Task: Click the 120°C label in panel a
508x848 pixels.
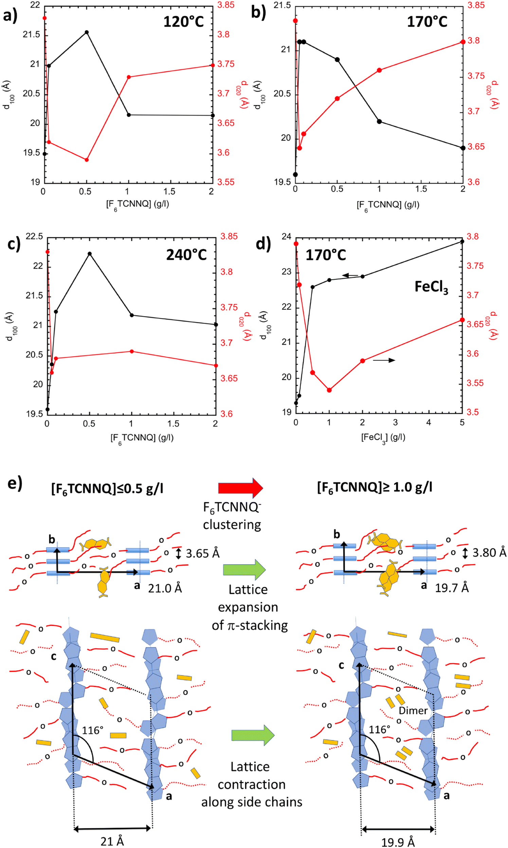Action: (183, 22)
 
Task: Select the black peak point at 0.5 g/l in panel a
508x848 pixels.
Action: (87, 32)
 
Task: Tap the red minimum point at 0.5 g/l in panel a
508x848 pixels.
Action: (87, 160)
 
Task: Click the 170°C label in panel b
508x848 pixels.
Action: (427, 22)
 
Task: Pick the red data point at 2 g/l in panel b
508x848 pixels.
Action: (463, 42)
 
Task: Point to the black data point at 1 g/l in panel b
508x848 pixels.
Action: (379, 122)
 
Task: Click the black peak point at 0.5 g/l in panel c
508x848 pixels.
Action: (90, 254)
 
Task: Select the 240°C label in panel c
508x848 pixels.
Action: (186, 255)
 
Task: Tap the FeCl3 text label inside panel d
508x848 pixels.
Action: (431, 287)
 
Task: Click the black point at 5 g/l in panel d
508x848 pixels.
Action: (462, 242)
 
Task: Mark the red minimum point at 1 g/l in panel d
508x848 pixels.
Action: (329, 390)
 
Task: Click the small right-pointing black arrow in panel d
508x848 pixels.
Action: (384, 360)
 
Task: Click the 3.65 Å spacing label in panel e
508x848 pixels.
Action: (202, 553)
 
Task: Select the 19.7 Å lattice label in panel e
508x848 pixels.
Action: (452, 588)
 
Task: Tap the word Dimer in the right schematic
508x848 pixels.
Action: (413, 711)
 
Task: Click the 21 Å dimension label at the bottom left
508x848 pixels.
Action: (112, 839)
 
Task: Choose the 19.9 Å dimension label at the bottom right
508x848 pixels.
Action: (398, 840)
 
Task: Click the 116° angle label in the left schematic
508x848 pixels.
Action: (92, 731)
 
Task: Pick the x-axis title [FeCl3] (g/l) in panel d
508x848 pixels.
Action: (383, 438)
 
